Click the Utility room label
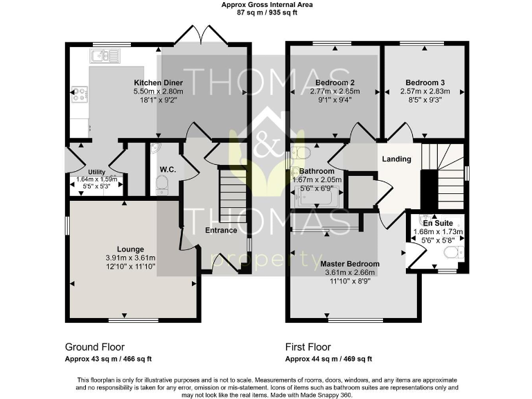[x=96, y=172]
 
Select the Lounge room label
[x=130, y=249]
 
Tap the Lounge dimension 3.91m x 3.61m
[x=130, y=258]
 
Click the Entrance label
[x=221, y=231]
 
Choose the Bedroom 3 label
[x=425, y=82]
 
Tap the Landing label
[x=397, y=159]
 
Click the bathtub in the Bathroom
[x=317, y=198]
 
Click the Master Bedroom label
[x=350, y=264]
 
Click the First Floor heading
[x=308, y=347]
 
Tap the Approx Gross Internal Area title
[x=267, y=5]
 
